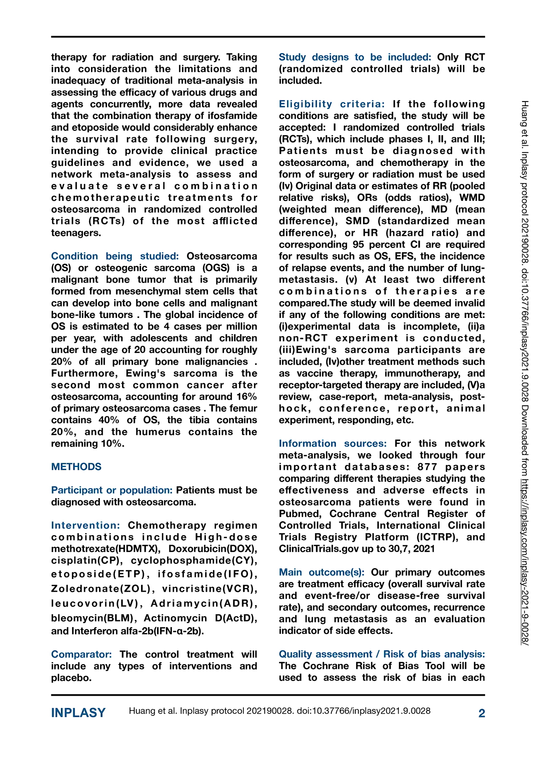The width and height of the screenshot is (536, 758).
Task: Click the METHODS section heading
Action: pos(76,467)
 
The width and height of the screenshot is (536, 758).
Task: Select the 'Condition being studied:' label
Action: pos(115,256)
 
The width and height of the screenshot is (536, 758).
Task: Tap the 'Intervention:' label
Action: pos(85,525)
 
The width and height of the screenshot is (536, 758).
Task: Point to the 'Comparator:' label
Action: pos(81,654)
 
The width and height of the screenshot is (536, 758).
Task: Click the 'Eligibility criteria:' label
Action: pos(332,104)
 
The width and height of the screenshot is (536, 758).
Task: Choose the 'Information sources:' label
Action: pos(333,443)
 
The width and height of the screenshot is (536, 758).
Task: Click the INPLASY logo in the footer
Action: pos(78,713)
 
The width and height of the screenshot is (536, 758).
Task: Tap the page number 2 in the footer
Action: pos(482,713)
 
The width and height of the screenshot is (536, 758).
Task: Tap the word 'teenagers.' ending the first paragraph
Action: pos(76,233)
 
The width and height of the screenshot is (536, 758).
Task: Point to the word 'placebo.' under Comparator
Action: pos(71,678)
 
